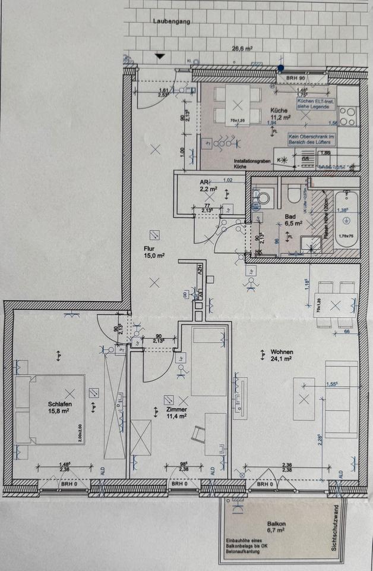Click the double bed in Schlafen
click(50, 409)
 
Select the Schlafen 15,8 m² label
click(59, 408)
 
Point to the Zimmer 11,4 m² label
click(177, 413)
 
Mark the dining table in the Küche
click(238, 105)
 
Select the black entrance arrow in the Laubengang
click(159, 56)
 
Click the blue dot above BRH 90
click(280, 69)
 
